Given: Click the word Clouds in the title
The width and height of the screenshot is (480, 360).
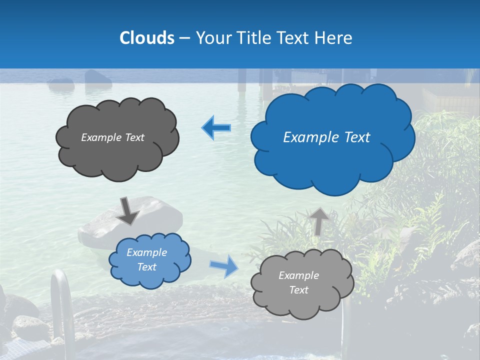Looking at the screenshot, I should pos(146,38).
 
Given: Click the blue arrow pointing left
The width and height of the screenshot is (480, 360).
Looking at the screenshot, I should pos(216,128).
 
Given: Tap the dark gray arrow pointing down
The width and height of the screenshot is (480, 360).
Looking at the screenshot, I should pos(128,210).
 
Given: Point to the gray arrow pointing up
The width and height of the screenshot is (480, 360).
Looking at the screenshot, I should pos(319,220).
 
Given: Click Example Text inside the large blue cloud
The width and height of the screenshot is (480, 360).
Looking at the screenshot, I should pos(326,137).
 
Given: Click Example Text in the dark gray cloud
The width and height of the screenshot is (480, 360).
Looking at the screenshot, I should pos(112,137).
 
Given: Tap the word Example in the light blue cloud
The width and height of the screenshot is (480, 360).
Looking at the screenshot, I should pos(146,252).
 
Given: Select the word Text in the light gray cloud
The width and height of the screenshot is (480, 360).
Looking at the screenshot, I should pos(298,290).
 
